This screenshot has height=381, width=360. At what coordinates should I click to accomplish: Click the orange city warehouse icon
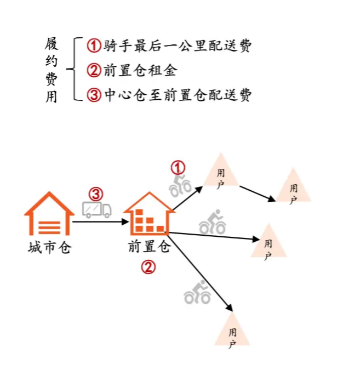(49, 214)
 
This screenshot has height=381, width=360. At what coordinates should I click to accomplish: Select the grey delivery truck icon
(97, 209)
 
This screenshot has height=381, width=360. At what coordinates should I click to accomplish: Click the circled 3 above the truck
(96, 194)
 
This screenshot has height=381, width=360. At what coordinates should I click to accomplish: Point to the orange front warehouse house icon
(146, 214)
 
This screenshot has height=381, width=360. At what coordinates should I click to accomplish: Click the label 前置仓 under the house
(147, 247)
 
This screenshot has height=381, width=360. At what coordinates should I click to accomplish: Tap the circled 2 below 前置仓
(148, 267)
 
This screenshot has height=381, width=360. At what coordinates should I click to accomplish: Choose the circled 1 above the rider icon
(179, 167)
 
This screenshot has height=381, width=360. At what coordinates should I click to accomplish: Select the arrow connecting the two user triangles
(258, 193)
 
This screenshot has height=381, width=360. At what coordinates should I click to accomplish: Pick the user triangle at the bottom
(232, 331)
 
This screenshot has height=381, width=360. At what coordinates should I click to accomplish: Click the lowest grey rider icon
(197, 293)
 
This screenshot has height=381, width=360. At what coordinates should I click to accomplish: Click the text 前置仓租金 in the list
(139, 71)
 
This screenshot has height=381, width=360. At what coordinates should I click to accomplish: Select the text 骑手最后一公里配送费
(176, 46)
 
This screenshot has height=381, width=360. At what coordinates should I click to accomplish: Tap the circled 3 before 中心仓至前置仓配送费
(94, 95)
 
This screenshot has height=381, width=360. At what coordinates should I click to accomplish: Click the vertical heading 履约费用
(53, 71)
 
